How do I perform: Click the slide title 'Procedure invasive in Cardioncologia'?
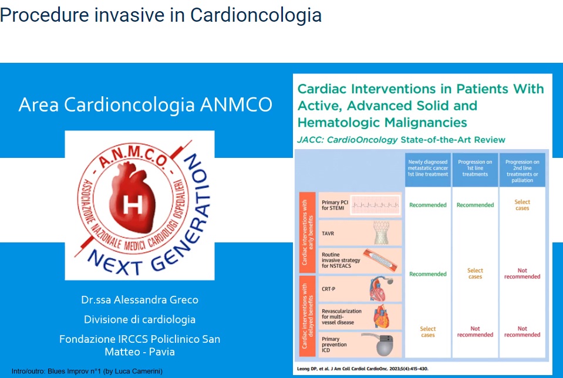(161, 15)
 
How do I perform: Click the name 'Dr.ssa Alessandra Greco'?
(140, 300)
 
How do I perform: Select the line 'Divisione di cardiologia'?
(140, 320)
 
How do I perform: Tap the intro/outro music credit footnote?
(87, 371)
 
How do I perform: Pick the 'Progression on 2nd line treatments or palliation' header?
(522, 170)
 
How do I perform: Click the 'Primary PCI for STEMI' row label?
(335, 205)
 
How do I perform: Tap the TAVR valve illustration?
(385, 233)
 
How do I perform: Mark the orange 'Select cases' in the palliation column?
(522, 205)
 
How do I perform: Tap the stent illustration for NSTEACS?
(381, 260)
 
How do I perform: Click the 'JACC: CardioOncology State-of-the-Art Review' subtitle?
(402, 140)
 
